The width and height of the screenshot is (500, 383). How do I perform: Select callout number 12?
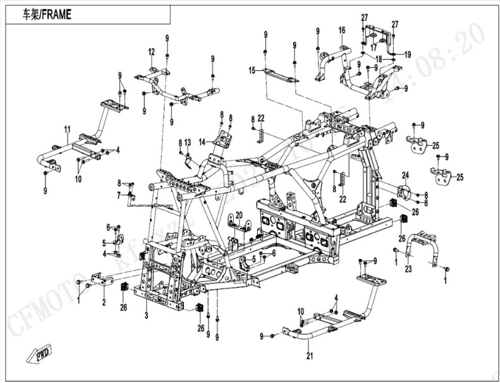click(152, 51)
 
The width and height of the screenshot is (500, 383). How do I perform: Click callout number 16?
click(341, 30)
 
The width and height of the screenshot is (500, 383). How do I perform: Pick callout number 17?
click(374, 47)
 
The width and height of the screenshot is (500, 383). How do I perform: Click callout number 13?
click(188, 143)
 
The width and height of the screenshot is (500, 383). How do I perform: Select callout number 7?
click(118, 195)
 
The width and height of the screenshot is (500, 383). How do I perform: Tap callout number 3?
click(146, 314)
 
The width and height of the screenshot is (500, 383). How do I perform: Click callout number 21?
click(309, 356)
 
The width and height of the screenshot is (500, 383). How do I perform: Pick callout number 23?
click(408, 269)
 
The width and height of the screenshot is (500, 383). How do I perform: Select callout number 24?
click(406, 175)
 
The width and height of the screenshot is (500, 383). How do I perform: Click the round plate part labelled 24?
click(403, 192)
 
